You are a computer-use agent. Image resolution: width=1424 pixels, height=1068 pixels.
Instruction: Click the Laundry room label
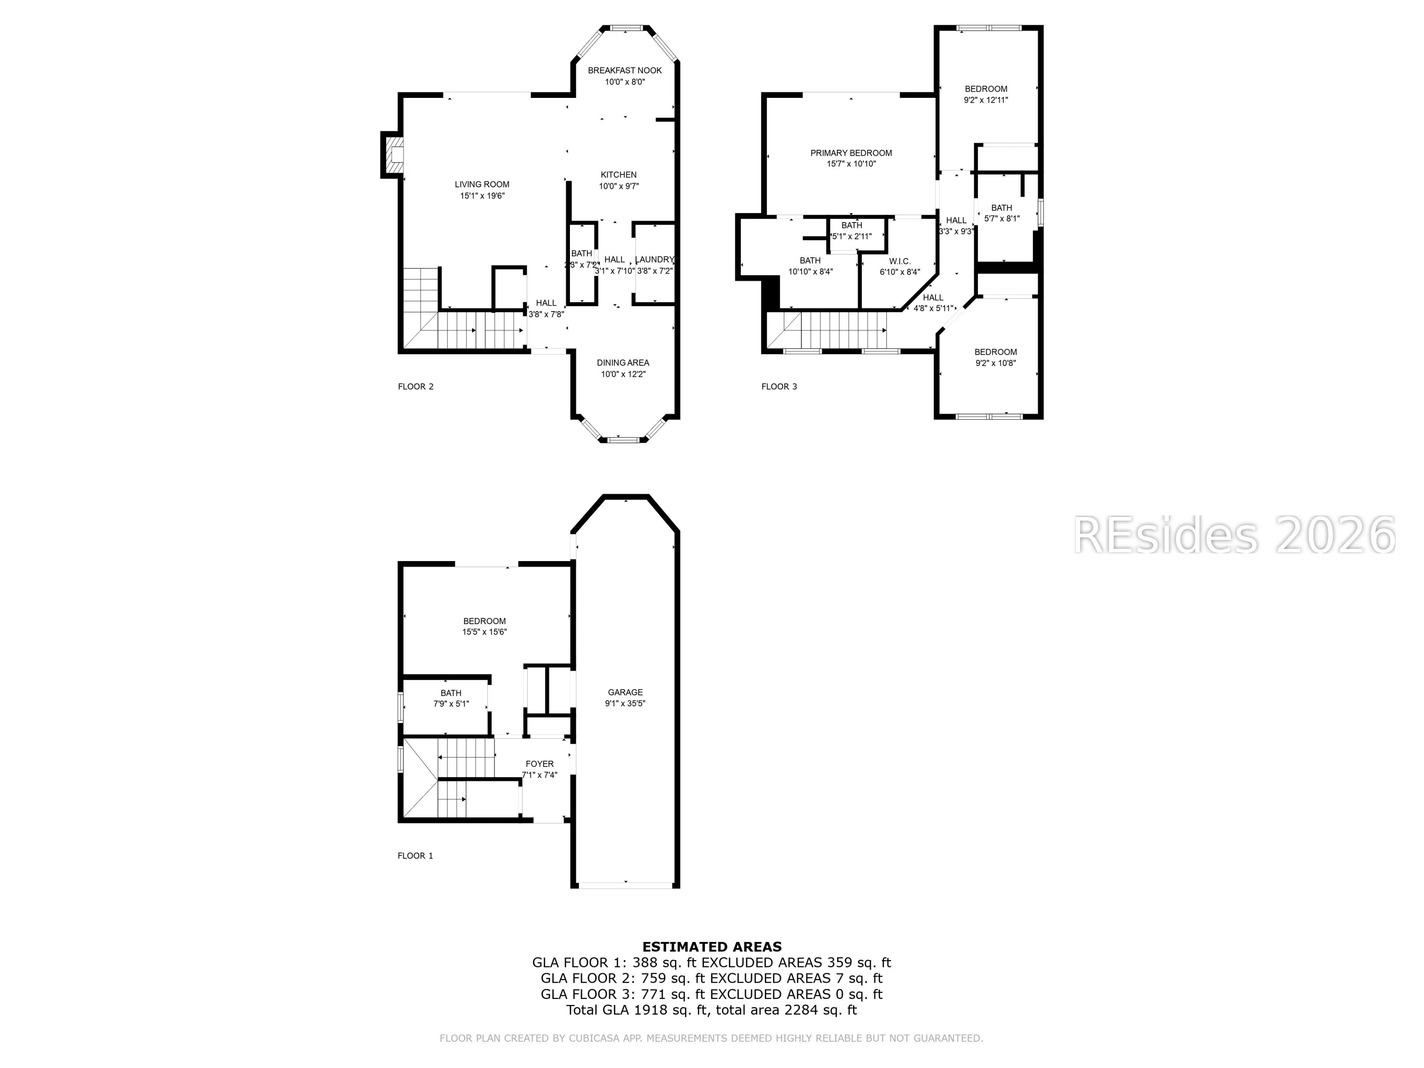[654, 260]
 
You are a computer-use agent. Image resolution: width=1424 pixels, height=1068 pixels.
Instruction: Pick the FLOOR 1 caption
[415, 856]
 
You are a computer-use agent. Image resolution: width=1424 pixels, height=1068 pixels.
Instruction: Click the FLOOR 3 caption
[779, 387]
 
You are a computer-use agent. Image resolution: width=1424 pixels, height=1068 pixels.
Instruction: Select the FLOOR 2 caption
[416, 387]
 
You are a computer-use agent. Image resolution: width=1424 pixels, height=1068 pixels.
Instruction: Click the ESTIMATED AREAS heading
[712, 947]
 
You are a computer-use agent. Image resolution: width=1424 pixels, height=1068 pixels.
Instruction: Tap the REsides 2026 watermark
[1234, 535]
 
